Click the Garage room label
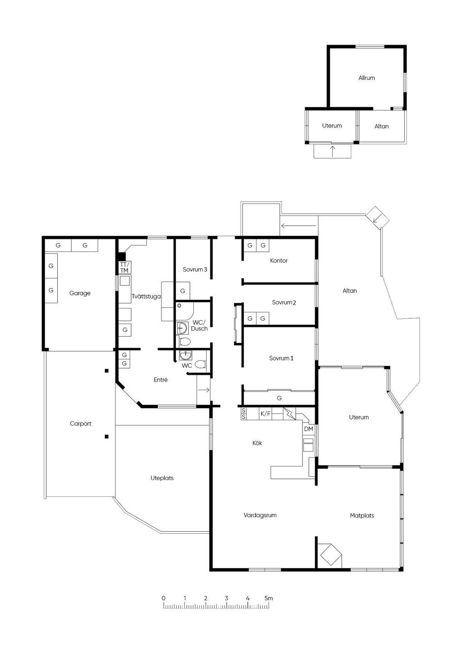click(x=80, y=293)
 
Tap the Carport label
click(x=80, y=423)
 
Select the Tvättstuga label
click(x=146, y=296)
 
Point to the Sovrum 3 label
click(x=195, y=269)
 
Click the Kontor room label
click(x=279, y=261)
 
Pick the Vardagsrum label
click(x=260, y=515)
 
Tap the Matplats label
click(x=362, y=515)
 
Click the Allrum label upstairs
click(x=367, y=78)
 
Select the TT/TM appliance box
click(x=124, y=267)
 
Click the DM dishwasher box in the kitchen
click(x=309, y=429)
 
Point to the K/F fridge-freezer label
click(x=265, y=413)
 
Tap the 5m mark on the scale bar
click(x=269, y=598)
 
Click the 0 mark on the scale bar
click(x=163, y=598)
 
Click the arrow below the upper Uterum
click(x=332, y=151)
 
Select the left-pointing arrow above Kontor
click(x=298, y=225)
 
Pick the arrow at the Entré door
click(x=204, y=389)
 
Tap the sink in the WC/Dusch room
click(x=183, y=328)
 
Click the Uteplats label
click(x=162, y=478)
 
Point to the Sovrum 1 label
click(x=281, y=358)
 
